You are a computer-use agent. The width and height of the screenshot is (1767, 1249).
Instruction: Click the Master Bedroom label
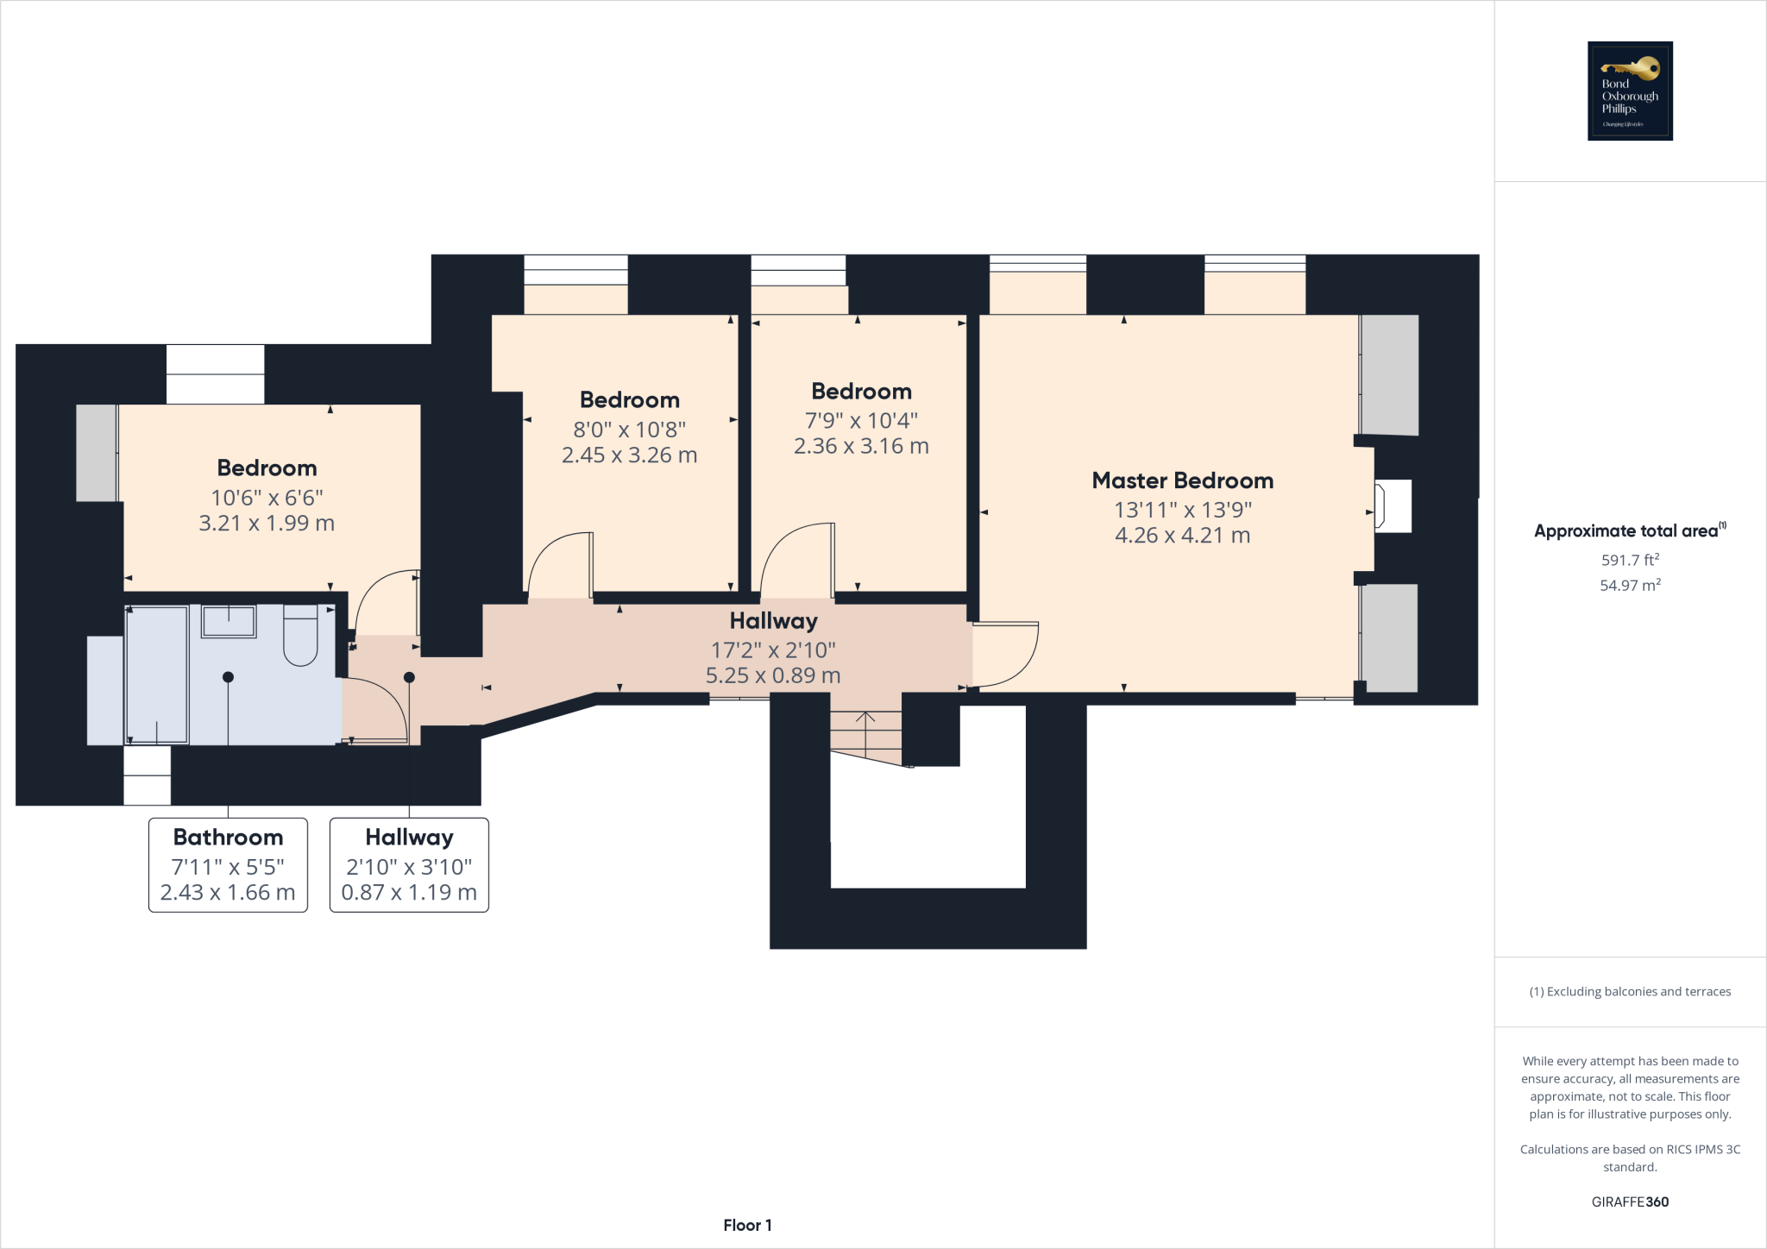[x=1182, y=480]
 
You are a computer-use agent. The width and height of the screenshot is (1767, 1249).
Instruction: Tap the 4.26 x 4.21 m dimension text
[x=1182, y=536]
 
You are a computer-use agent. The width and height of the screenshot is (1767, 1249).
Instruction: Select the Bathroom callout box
[x=228, y=864]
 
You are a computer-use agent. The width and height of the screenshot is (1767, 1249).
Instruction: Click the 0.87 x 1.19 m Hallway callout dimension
[x=409, y=893]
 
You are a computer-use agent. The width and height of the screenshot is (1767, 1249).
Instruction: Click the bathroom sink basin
[x=229, y=621]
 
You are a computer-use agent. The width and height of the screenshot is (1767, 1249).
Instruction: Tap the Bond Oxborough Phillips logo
[x=1630, y=91]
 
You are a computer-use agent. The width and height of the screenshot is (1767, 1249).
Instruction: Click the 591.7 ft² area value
[x=1630, y=560]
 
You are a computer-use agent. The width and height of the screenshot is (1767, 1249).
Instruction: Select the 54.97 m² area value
[x=1630, y=586]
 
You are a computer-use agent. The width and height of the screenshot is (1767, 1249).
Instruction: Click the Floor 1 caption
[x=747, y=1225]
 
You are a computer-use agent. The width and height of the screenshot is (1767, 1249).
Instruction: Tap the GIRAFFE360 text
[x=1630, y=1202]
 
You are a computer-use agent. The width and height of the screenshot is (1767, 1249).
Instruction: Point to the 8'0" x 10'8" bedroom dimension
[x=629, y=430]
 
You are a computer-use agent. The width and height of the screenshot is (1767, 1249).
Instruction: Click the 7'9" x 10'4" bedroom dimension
[x=861, y=421]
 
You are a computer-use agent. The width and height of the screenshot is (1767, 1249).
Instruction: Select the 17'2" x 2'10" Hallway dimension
[x=773, y=650]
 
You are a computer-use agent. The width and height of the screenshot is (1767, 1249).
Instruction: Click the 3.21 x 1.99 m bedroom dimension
[x=267, y=524]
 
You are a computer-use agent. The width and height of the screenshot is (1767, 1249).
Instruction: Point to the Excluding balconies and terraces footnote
[x=1630, y=992]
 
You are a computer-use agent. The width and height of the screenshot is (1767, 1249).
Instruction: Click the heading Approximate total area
[x=1626, y=531]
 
